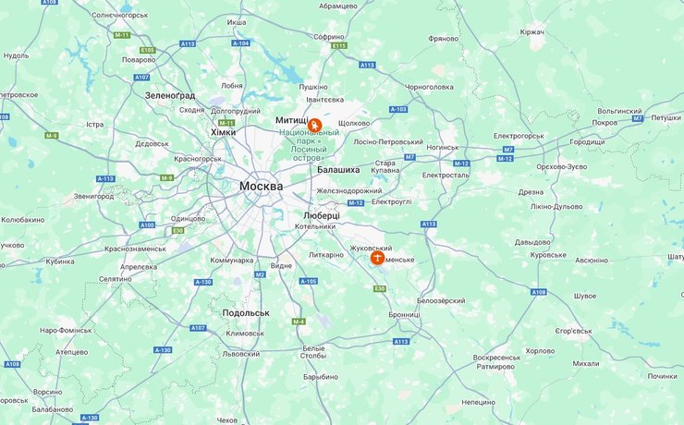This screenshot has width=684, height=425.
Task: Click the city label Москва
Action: (261, 186)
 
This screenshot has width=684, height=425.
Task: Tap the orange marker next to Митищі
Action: (315, 125)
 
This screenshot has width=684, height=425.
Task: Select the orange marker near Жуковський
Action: (377, 258)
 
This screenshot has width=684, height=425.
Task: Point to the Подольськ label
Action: (245, 312)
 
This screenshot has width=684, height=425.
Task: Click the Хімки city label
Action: (223, 132)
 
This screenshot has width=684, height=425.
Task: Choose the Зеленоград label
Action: (170, 95)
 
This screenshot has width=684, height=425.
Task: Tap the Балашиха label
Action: (337, 170)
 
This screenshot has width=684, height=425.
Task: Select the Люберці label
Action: (321, 214)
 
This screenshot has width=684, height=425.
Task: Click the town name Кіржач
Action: (531, 32)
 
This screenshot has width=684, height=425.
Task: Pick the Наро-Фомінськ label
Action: (66, 330)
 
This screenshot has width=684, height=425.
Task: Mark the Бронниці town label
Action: (403, 314)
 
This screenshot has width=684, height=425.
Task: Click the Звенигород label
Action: (93, 196)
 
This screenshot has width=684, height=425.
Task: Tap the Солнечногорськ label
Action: (120, 16)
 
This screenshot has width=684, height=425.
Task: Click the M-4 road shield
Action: (299, 321)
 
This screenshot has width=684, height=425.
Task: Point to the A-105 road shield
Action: (309, 281)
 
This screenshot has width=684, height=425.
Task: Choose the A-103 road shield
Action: (398, 109)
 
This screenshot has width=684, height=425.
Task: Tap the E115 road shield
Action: (339, 45)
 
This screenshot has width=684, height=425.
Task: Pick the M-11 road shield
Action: (122, 35)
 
